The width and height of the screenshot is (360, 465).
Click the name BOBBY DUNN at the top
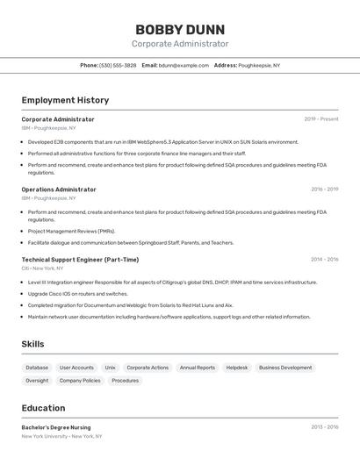coord(180,29)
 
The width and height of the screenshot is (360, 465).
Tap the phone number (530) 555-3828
coord(118,66)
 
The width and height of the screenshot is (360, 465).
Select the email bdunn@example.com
coord(184,66)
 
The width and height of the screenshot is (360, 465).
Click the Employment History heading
coord(65,100)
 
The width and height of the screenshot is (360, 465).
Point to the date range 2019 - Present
coord(321,119)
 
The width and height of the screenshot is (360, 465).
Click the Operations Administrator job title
coord(59,190)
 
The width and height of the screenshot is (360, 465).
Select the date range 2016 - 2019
coord(324,190)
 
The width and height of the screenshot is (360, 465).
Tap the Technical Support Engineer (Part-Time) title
coord(80,260)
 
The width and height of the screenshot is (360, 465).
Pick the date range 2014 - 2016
coord(324,260)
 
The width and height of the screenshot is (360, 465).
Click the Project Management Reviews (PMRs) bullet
coord(71,232)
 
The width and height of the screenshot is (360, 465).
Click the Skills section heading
coord(32,344)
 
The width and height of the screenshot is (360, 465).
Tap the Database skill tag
coord(37,368)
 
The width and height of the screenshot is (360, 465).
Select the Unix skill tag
coord(110,368)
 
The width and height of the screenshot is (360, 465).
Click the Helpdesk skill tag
coord(237,368)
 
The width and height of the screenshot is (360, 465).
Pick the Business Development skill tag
coord(285,368)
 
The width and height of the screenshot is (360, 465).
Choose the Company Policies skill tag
coord(80,381)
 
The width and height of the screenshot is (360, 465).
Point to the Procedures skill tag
coord(126,381)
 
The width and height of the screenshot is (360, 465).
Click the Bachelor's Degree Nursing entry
coord(56,427)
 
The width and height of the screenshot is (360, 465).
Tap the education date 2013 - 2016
coord(324,427)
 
